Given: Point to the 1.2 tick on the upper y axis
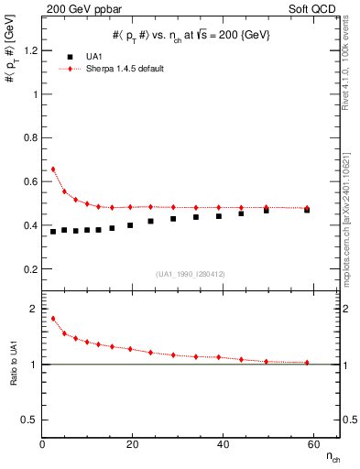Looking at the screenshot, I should point(34,50).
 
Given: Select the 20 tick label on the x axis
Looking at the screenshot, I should point(132,444).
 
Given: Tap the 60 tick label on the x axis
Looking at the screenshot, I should point(312,444).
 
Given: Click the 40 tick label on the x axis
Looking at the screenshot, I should point(223,444).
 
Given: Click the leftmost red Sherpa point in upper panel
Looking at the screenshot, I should point(53,169).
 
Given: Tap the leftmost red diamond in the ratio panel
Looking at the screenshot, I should point(53,319).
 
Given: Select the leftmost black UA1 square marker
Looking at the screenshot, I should point(53,231).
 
